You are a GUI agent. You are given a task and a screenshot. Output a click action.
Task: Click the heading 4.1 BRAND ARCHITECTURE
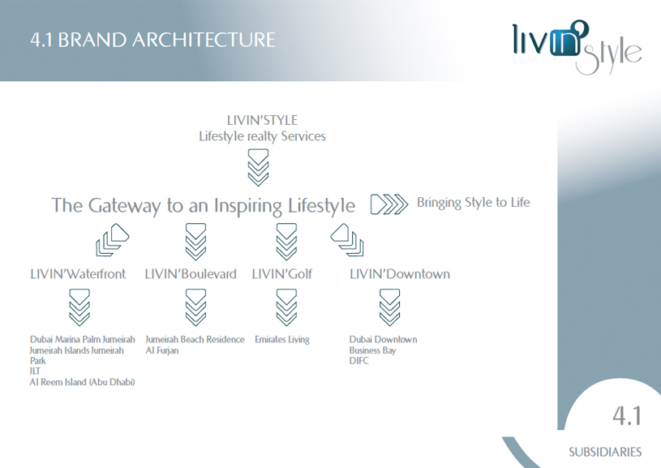[x=152, y=40]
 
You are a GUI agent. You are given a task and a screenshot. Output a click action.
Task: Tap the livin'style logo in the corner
[x=577, y=47]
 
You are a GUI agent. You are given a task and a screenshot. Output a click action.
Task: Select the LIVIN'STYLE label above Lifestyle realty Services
[x=262, y=120]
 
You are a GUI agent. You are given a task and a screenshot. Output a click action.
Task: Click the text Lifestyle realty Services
[x=262, y=136]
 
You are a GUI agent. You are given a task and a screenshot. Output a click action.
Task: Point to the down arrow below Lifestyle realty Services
[x=258, y=167]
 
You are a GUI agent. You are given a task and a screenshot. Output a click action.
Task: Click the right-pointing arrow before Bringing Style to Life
[x=389, y=204]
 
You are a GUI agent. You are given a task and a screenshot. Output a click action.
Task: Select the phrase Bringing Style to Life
[x=473, y=203]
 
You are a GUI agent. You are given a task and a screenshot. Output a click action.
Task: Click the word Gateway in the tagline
[x=124, y=206]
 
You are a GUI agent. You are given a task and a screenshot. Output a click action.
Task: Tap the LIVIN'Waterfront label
[x=78, y=274]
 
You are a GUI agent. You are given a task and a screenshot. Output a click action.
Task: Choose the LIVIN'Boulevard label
[x=191, y=274]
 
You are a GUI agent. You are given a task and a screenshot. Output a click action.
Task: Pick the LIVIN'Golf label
[x=282, y=274]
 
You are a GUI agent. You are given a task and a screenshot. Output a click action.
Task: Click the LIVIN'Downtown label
[x=400, y=274]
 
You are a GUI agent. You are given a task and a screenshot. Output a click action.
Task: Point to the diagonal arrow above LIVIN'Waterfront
[x=112, y=240]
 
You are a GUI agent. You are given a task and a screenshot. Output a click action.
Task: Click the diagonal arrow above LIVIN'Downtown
[x=347, y=240]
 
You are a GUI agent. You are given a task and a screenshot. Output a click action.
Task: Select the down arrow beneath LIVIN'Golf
[x=286, y=307]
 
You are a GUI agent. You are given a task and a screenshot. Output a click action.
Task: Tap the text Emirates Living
[x=282, y=339]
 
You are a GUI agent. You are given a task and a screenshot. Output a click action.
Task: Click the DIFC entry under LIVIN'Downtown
[x=358, y=361]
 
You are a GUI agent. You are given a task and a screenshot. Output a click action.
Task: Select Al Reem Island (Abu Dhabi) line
[x=82, y=382]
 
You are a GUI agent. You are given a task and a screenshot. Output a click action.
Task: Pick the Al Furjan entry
[x=162, y=350]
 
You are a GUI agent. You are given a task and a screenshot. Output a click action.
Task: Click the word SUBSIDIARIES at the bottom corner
[x=605, y=453]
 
